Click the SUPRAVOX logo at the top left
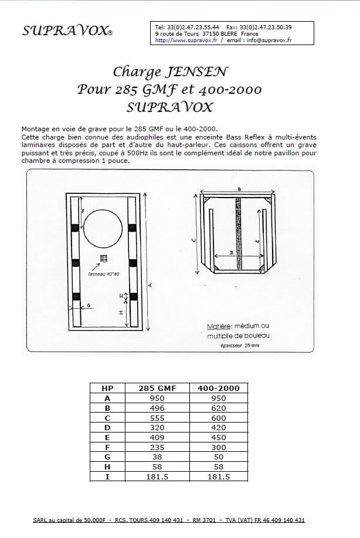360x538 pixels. (x=67, y=31)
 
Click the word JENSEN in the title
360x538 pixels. (x=197, y=72)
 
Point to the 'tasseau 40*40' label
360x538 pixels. (x=104, y=274)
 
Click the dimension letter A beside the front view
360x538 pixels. (x=150, y=284)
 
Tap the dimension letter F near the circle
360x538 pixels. (x=83, y=210)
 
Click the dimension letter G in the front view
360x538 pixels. (x=89, y=305)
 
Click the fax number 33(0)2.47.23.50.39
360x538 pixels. (x=267, y=27)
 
